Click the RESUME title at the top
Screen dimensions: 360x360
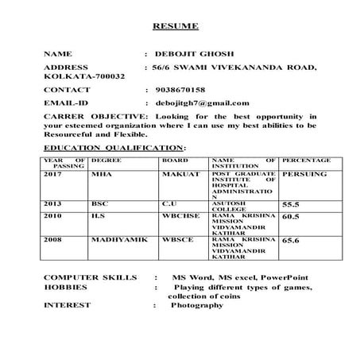click(x=176, y=27)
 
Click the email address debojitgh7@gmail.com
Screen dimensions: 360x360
click(x=202, y=103)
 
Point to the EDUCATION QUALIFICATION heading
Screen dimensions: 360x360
click(x=114, y=149)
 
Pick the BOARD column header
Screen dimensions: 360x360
click(x=175, y=161)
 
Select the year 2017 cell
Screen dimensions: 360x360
click(x=53, y=173)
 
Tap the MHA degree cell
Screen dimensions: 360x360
click(x=103, y=173)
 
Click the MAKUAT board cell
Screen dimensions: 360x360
click(x=180, y=173)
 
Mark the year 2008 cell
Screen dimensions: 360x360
click(x=53, y=238)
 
